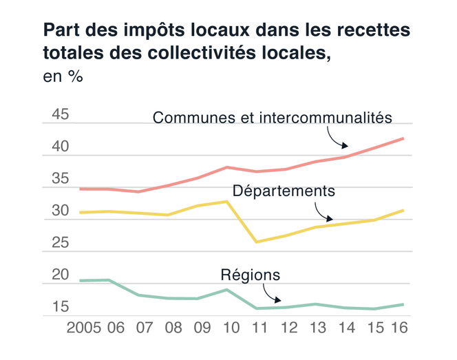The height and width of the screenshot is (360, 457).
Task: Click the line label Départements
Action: (x=284, y=190)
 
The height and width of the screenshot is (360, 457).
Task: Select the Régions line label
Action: (x=251, y=275)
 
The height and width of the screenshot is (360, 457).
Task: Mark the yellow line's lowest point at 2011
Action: (x=256, y=242)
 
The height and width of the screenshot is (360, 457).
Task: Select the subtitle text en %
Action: (x=63, y=77)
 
